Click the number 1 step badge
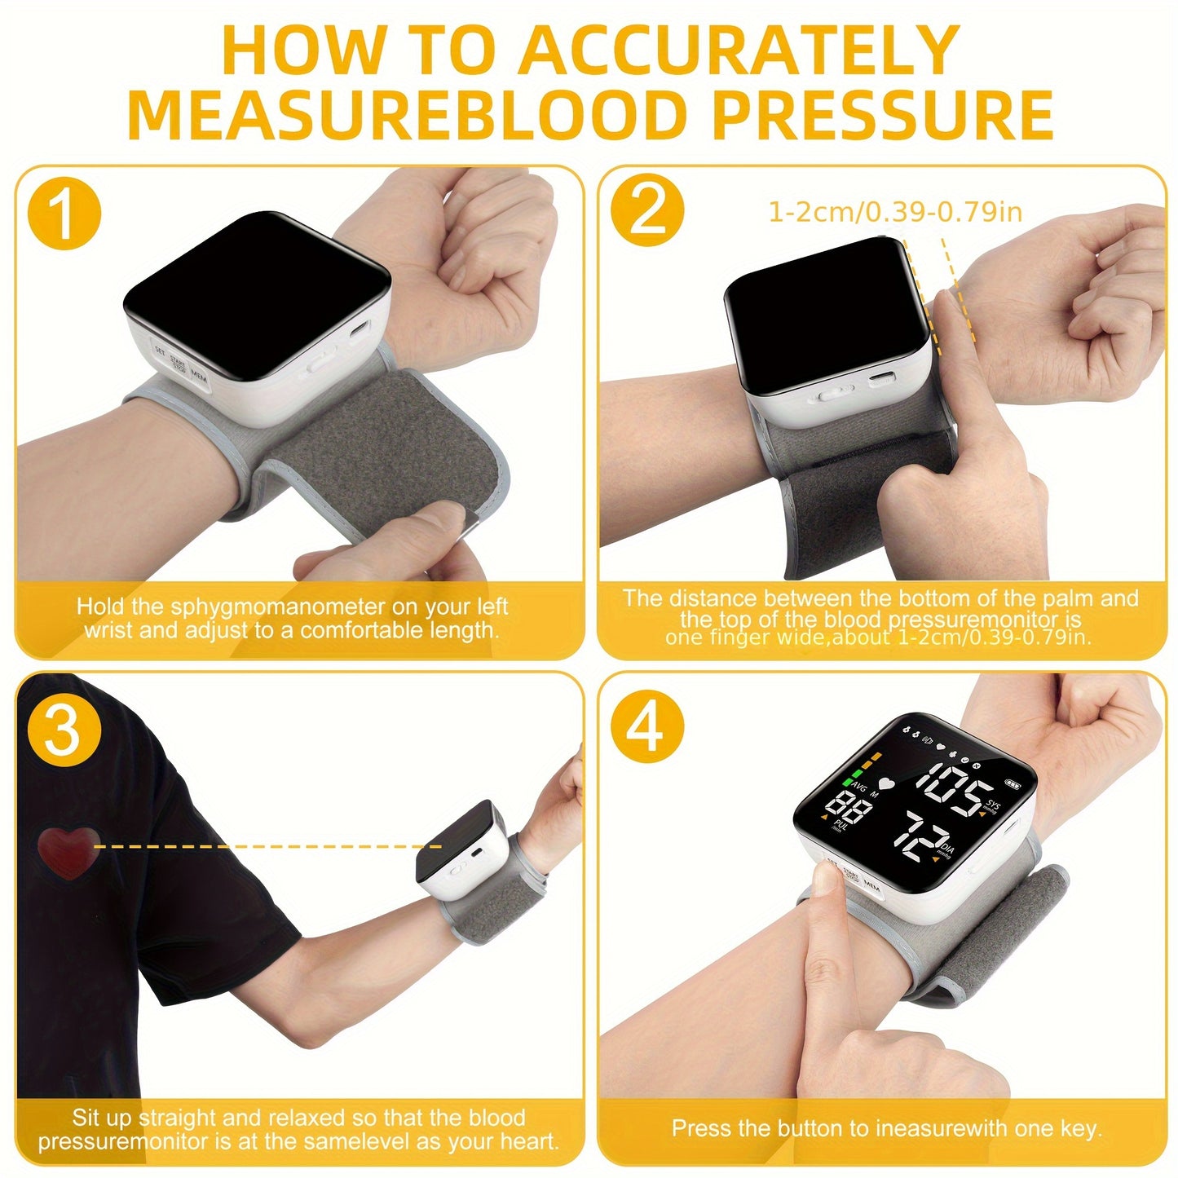click(x=64, y=214)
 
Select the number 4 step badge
click(x=647, y=730)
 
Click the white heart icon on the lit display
click(x=886, y=781)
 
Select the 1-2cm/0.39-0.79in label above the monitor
click(x=895, y=212)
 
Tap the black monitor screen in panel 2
click(x=827, y=315)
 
